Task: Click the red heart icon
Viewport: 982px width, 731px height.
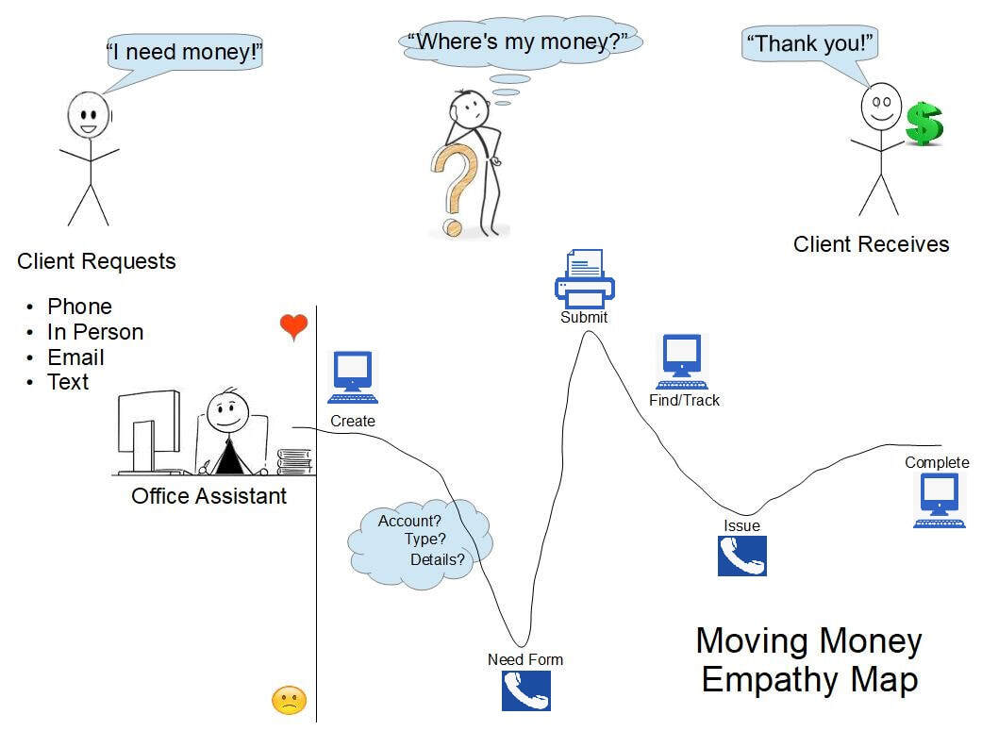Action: coord(294,326)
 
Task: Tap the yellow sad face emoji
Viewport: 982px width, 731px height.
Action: coord(289,700)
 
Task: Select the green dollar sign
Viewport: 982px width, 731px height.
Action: coord(924,124)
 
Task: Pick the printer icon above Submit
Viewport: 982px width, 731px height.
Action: coord(585,278)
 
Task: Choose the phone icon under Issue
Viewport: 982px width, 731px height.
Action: coord(741,556)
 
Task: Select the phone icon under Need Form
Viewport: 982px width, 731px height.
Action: coord(525,690)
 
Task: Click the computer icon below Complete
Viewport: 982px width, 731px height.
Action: coord(939,500)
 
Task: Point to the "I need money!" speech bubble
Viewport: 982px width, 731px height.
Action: coord(183,53)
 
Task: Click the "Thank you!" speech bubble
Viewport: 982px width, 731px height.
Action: coord(811,43)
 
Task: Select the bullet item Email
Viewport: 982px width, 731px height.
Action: coord(75,357)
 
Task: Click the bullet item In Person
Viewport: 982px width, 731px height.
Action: coord(95,332)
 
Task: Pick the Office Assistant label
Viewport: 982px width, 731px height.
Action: coord(208,495)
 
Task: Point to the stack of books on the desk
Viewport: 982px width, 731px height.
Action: coord(293,461)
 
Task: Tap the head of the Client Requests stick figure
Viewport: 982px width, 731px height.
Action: coord(88,116)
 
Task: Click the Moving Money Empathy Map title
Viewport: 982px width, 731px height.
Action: coord(808,659)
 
